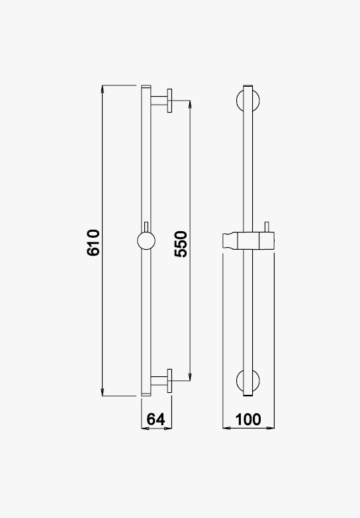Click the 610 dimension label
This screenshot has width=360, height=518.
[x=93, y=243]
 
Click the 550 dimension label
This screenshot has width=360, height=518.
[x=181, y=244]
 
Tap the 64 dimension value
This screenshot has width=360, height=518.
[x=156, y=419]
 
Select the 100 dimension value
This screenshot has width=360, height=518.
[x=248, y=419]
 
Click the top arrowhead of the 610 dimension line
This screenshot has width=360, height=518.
[x=103, y=89]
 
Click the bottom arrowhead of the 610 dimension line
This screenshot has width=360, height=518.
[x=103, y=392]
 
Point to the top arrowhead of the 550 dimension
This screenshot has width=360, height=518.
[x=190, y=104]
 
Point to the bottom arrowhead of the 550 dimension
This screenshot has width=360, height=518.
[x=190, y=377]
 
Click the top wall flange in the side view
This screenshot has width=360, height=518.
[x=169, y=101]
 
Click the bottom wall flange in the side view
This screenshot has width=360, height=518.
[x=169, y=381]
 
